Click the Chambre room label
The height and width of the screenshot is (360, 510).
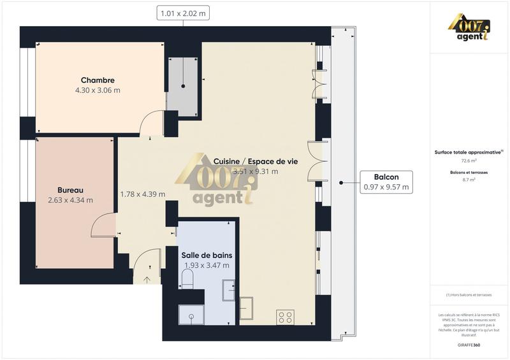tap(98, 80)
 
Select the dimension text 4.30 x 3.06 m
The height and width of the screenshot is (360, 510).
tap(98, 90)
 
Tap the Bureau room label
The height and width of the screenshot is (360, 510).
tap(70, 190)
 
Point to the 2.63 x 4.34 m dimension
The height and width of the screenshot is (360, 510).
tap(70, 200)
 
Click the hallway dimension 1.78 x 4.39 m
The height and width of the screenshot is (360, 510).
tap(143, 194)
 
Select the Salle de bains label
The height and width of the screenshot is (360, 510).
tap(207, 255)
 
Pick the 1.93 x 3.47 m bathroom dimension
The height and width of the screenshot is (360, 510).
tap(207, 265)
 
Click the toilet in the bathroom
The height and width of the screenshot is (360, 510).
tap(187, 278)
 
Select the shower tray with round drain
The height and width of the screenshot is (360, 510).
tap(190, 314)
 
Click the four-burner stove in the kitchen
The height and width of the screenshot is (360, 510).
tap(285, 316)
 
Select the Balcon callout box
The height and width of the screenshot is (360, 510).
tap(386, 182)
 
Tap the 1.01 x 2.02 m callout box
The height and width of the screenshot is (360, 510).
tap(184, 12)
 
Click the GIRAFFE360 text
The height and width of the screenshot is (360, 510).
tap(469, 343)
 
